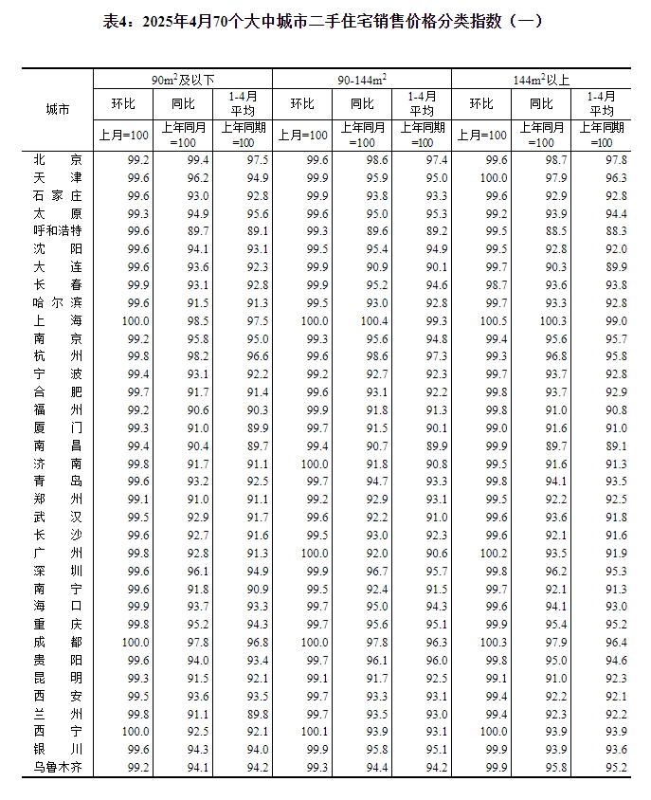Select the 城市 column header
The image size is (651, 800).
pyautogui.click(x=57, y=109)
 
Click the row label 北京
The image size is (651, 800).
pyautogui.click(x=57, y=160)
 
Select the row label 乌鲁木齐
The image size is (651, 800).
pyautogui.click(x=57, y=767)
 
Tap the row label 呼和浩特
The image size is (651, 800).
pyautogui.click(x=57, y=230)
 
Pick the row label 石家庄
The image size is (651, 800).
pyautogui.click(x=57, y=195)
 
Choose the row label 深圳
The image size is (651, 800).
pyautogui.click(x=57, y=571)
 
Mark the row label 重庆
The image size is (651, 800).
pyautogui.click(x=57, y=625)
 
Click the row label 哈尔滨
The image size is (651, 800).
pyautogui.click(x=57, y=302)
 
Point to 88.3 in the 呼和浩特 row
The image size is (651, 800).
pyautogui.click(x=612, y=230)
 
